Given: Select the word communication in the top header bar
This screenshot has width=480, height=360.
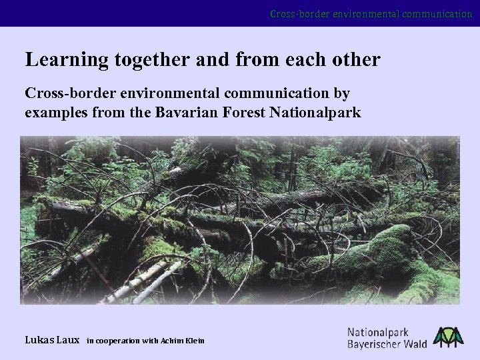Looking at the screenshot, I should [431, 13].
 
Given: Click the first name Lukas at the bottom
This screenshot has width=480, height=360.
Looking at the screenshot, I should [39, 340].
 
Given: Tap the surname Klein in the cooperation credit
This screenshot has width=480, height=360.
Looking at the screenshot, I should [195, 341].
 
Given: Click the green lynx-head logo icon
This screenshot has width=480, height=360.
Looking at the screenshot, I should [448, 337].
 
